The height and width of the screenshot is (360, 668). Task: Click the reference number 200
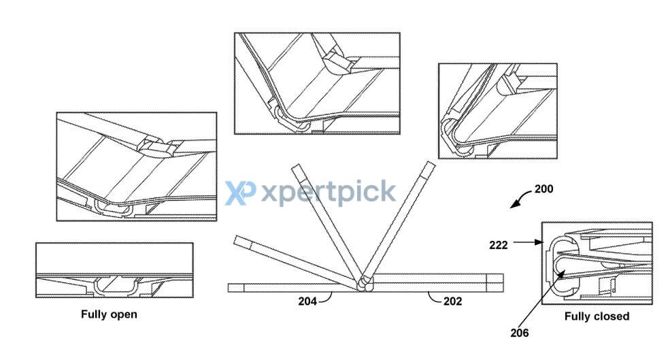coord(544,189)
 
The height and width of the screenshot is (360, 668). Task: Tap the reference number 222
coord(499,245)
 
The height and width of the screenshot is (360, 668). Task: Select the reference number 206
coord(519,333)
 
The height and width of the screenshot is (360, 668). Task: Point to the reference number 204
coord(307,301)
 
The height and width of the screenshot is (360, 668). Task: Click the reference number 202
coord(452,301)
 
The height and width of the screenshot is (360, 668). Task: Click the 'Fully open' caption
coord(109,314)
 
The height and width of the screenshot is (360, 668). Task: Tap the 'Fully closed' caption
coord(597,316)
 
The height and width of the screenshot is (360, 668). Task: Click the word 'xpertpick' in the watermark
coord(328,193)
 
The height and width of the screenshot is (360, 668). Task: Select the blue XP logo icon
coord(240,193)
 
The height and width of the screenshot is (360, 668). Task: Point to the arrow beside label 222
coord(528,242)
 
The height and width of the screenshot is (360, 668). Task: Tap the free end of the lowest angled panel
coord(237,240)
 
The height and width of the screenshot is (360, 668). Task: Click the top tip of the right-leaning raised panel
coord(431,165)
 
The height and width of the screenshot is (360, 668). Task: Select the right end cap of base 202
coord(495,283)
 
